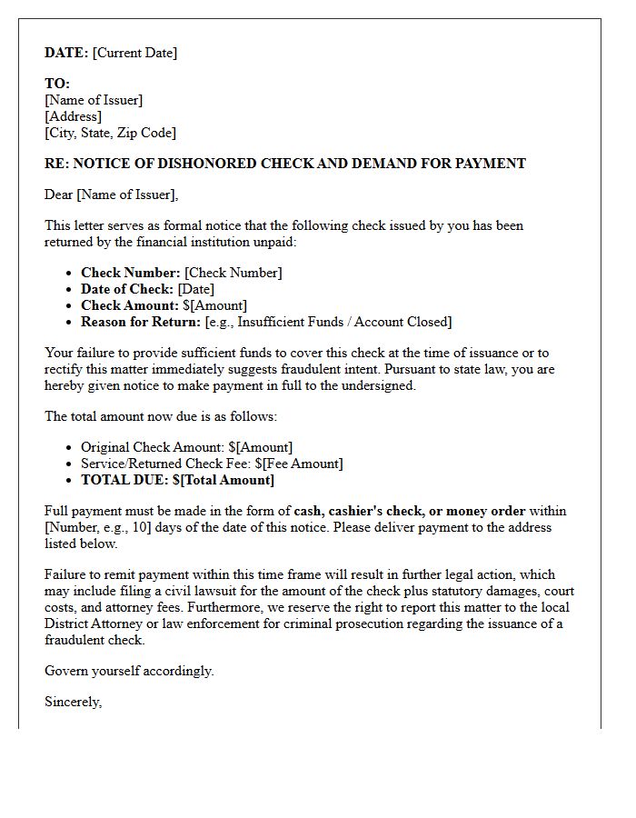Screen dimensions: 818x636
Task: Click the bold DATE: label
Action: coord(66,53)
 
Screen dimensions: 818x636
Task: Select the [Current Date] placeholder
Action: coord(134,53)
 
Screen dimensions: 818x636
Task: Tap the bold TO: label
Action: coord(57,84)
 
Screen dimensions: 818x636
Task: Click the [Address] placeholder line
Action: coord(73,116)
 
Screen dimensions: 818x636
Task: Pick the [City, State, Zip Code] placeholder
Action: coord(110,133)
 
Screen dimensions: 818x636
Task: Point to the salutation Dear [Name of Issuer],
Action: coord(112,195)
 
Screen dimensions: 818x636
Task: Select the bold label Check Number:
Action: coord(130,273)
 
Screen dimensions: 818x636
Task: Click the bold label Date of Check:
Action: coord(127,289)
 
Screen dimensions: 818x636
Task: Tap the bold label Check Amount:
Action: coord(130,305)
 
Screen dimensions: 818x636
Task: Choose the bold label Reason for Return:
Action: coord(141,322)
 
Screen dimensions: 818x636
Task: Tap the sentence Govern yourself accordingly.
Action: coord(129,671)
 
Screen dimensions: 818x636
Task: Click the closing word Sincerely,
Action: coord(73,702)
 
